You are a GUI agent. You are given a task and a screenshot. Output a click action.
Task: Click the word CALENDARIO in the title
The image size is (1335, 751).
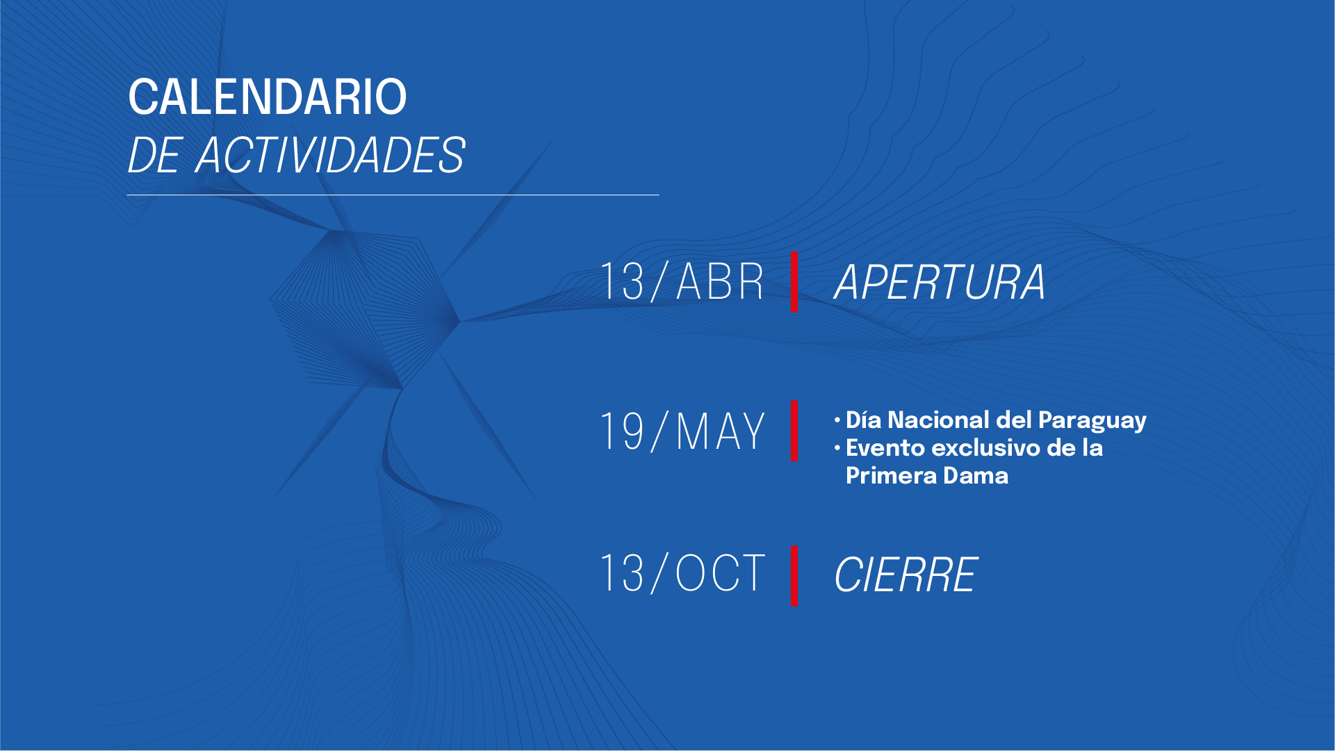[x=268, y=97]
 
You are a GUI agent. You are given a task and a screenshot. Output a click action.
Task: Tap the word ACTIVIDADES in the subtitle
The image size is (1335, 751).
[x=331, y=155]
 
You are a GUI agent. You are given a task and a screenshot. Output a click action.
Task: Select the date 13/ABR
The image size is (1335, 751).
[x=682, y=281]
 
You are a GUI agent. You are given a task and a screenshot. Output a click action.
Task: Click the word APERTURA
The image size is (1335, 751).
[x=940, y=282]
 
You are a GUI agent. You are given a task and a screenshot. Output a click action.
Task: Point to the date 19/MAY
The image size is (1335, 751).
[x=682, y=431]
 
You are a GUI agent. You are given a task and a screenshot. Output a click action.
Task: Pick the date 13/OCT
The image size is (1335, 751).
[x=682, y=573]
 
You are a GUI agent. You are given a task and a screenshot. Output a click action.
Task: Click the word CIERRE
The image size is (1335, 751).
[x=906, y=575]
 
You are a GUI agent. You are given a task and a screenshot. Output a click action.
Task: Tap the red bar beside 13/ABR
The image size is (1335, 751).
[x=794, y=281]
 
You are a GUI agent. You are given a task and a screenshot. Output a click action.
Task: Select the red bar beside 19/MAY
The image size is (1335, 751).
[x=794, y=431]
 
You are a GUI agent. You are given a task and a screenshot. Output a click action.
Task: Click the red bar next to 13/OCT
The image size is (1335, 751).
[x=794, y=576]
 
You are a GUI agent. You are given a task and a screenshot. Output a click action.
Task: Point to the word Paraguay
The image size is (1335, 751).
[x=1092, y=421]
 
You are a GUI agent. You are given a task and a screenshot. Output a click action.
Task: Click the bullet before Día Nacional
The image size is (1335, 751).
[x=837, y=420]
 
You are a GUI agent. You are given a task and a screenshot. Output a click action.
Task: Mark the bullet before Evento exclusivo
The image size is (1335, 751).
[x=837, y=447]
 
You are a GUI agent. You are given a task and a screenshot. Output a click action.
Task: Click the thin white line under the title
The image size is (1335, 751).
[x=393, y=195]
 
